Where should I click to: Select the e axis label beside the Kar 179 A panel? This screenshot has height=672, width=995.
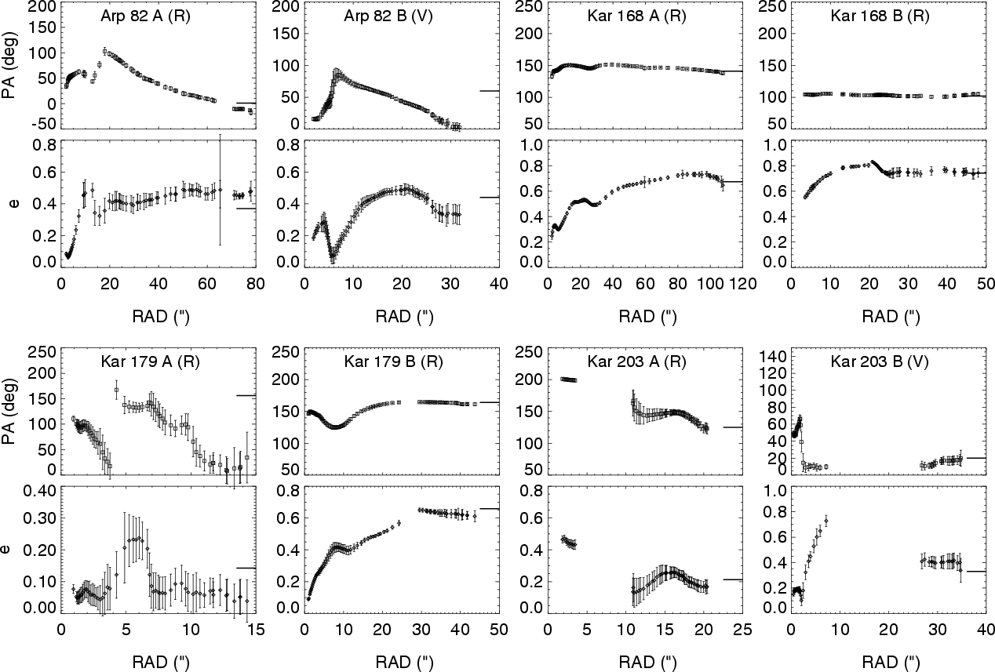9,548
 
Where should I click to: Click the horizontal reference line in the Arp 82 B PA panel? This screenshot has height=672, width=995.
489,91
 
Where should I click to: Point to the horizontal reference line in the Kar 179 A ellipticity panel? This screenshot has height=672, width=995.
246,568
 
